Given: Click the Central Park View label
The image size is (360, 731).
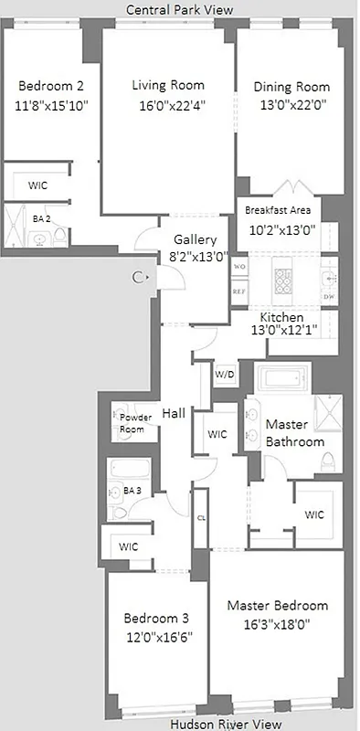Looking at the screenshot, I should [179, 9].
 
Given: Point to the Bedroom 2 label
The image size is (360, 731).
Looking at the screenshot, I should [51, 87].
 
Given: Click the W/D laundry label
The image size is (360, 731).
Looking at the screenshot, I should [224, 375].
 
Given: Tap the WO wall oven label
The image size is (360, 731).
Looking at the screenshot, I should [239, 267].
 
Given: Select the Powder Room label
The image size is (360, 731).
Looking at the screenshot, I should [132, 423].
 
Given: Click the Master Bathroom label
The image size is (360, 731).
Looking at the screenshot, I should [294, 433].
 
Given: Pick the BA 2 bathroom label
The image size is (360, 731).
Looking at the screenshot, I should [41, 219].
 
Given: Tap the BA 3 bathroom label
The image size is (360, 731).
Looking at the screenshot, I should [132, 491].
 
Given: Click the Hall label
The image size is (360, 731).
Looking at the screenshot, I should [174, 413].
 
